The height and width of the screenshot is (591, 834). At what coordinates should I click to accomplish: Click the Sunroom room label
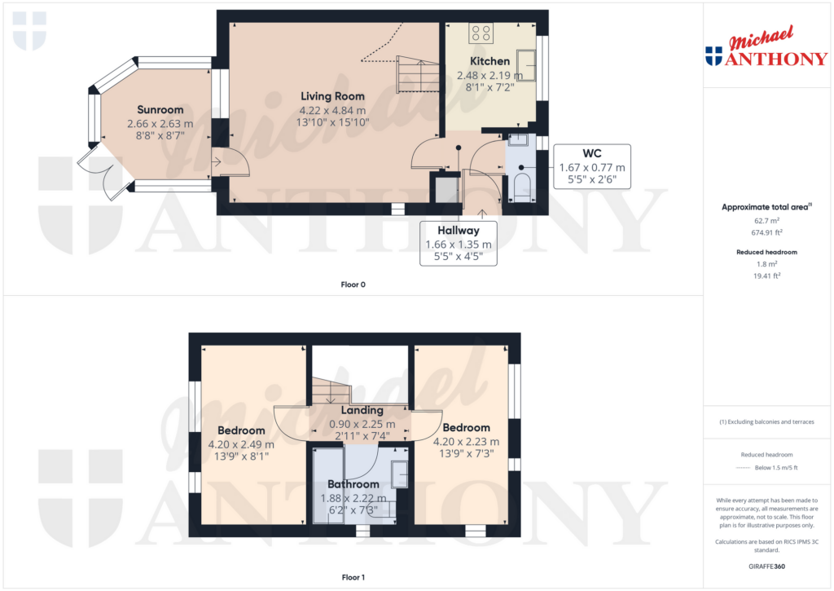160,110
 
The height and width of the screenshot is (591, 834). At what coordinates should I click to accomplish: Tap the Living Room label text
332,96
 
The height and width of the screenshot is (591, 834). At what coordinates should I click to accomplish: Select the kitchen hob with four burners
481,33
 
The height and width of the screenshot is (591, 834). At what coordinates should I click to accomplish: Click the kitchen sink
527,65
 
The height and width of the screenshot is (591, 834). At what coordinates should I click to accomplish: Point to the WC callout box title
592,153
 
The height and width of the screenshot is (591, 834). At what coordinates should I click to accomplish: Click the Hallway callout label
459,231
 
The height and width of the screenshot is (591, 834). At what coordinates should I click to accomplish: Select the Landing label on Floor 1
362,410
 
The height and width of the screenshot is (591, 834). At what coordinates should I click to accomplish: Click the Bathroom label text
353,484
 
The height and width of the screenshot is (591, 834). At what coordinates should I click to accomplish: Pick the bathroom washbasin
399,474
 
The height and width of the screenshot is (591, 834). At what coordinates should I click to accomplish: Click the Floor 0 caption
353,284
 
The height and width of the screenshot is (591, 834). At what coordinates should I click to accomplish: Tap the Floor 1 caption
353,577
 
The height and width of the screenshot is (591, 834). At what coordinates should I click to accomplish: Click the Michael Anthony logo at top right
766,46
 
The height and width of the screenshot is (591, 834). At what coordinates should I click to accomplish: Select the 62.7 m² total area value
767,220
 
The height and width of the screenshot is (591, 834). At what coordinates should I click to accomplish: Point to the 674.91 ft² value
767,232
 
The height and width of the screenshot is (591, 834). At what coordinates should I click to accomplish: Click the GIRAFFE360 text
767,567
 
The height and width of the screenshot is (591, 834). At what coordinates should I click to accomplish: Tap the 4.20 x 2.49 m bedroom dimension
241,444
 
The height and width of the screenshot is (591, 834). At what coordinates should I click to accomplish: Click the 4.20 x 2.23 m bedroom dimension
466,441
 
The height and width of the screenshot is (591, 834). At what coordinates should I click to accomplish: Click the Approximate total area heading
766,207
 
